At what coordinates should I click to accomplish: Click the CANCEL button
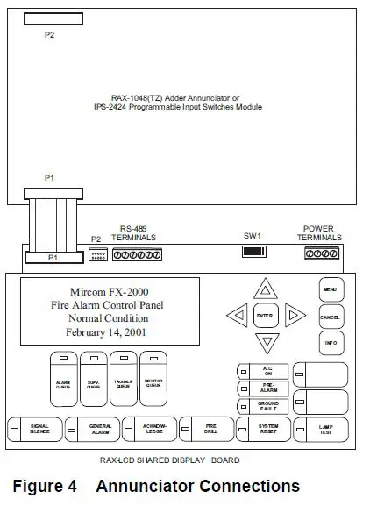pos(331,316)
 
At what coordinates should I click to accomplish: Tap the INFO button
pos(331,342)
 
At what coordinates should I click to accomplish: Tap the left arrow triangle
pos(236,315)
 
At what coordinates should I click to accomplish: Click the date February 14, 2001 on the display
pos(106,333)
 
